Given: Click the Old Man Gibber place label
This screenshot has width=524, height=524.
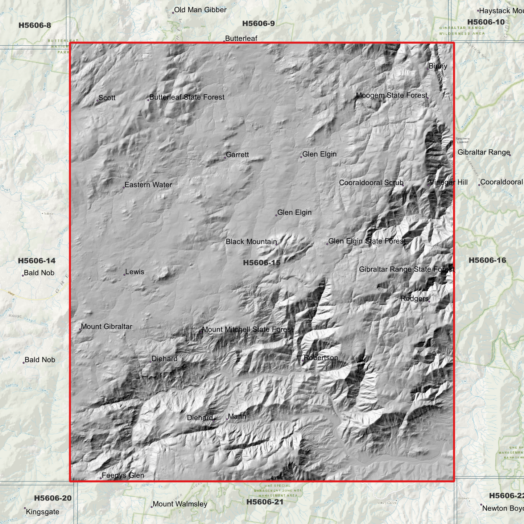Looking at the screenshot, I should coord(200,10).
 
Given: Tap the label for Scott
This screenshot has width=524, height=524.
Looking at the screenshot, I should coord(107,98).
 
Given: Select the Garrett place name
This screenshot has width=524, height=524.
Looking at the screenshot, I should coord(237,155).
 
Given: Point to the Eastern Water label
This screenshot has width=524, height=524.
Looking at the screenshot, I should coord(148,185).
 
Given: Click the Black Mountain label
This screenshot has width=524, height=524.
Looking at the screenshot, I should coord(251,242).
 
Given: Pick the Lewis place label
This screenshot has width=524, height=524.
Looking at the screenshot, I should coord(135,272).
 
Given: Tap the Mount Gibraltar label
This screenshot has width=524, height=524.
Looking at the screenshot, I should coord(107,327).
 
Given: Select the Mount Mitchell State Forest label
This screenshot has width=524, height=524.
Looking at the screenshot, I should coord(248,330).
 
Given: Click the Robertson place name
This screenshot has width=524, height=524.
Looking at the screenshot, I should coord(321,358).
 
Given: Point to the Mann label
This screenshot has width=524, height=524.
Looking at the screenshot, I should coord(237,417).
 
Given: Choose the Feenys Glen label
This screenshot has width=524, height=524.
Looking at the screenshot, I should coord(123,475).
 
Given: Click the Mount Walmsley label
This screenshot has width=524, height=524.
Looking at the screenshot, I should coord(180,504).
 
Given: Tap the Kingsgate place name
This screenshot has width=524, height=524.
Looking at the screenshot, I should coord(42,512).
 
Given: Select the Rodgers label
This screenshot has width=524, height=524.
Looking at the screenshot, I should coord(414,299).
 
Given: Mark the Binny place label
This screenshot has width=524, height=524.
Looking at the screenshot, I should coord(438,66).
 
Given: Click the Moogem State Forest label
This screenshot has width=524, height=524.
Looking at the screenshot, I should coord(392,96).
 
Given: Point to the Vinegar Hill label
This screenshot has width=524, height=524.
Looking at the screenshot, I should coord(449,182).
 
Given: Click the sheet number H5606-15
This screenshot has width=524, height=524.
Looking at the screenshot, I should coord(262,263).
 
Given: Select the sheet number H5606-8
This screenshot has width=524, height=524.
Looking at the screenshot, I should coord(35,25).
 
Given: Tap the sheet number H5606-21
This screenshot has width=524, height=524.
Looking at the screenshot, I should coord(265,502).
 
